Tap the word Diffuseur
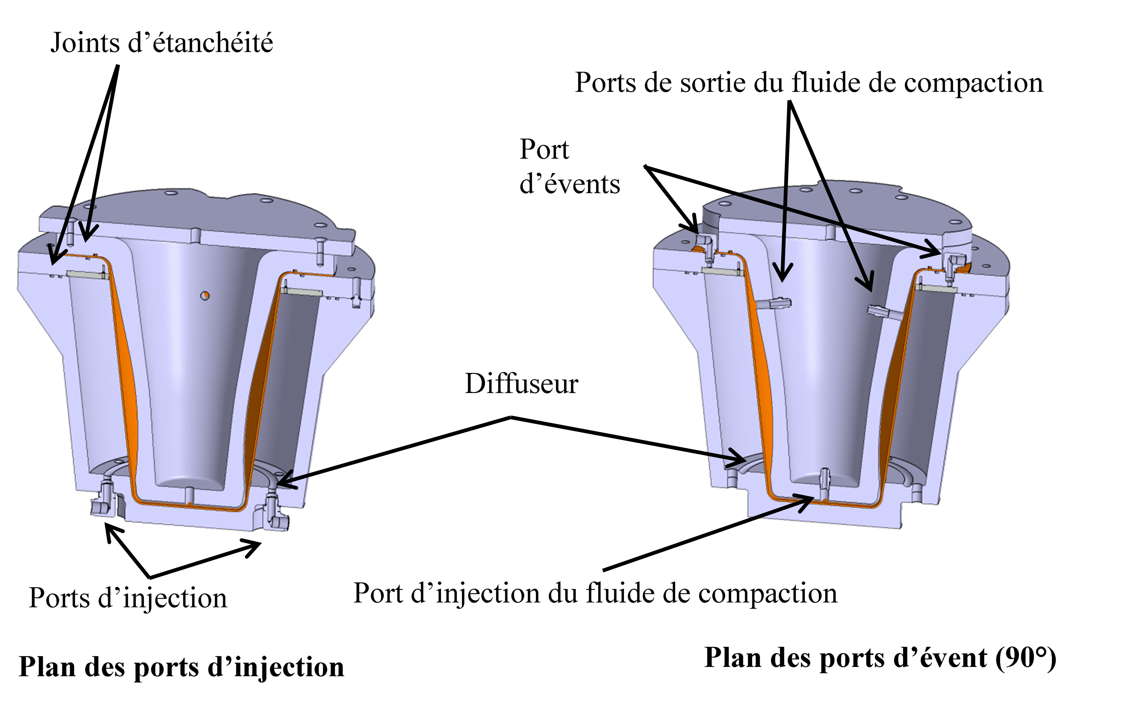coord(521,383)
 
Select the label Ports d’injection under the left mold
coord(128,598)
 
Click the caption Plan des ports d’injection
coord(181,667)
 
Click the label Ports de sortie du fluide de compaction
coord(809,83)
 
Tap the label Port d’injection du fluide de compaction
coord(595,593)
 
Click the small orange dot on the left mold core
coord(205,295)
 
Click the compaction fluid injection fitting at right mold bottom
coord(825,483)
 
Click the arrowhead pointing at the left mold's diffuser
coord(286,482)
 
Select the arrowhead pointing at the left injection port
coord(111,536)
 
